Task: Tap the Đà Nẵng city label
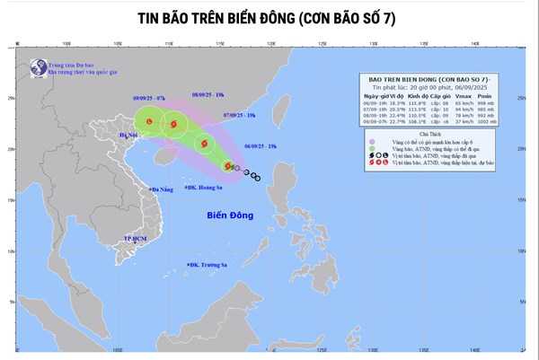(162, 189)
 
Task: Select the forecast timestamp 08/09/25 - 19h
(208, 94)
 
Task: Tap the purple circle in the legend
(371, 140)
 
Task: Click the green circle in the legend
(371, 148)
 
